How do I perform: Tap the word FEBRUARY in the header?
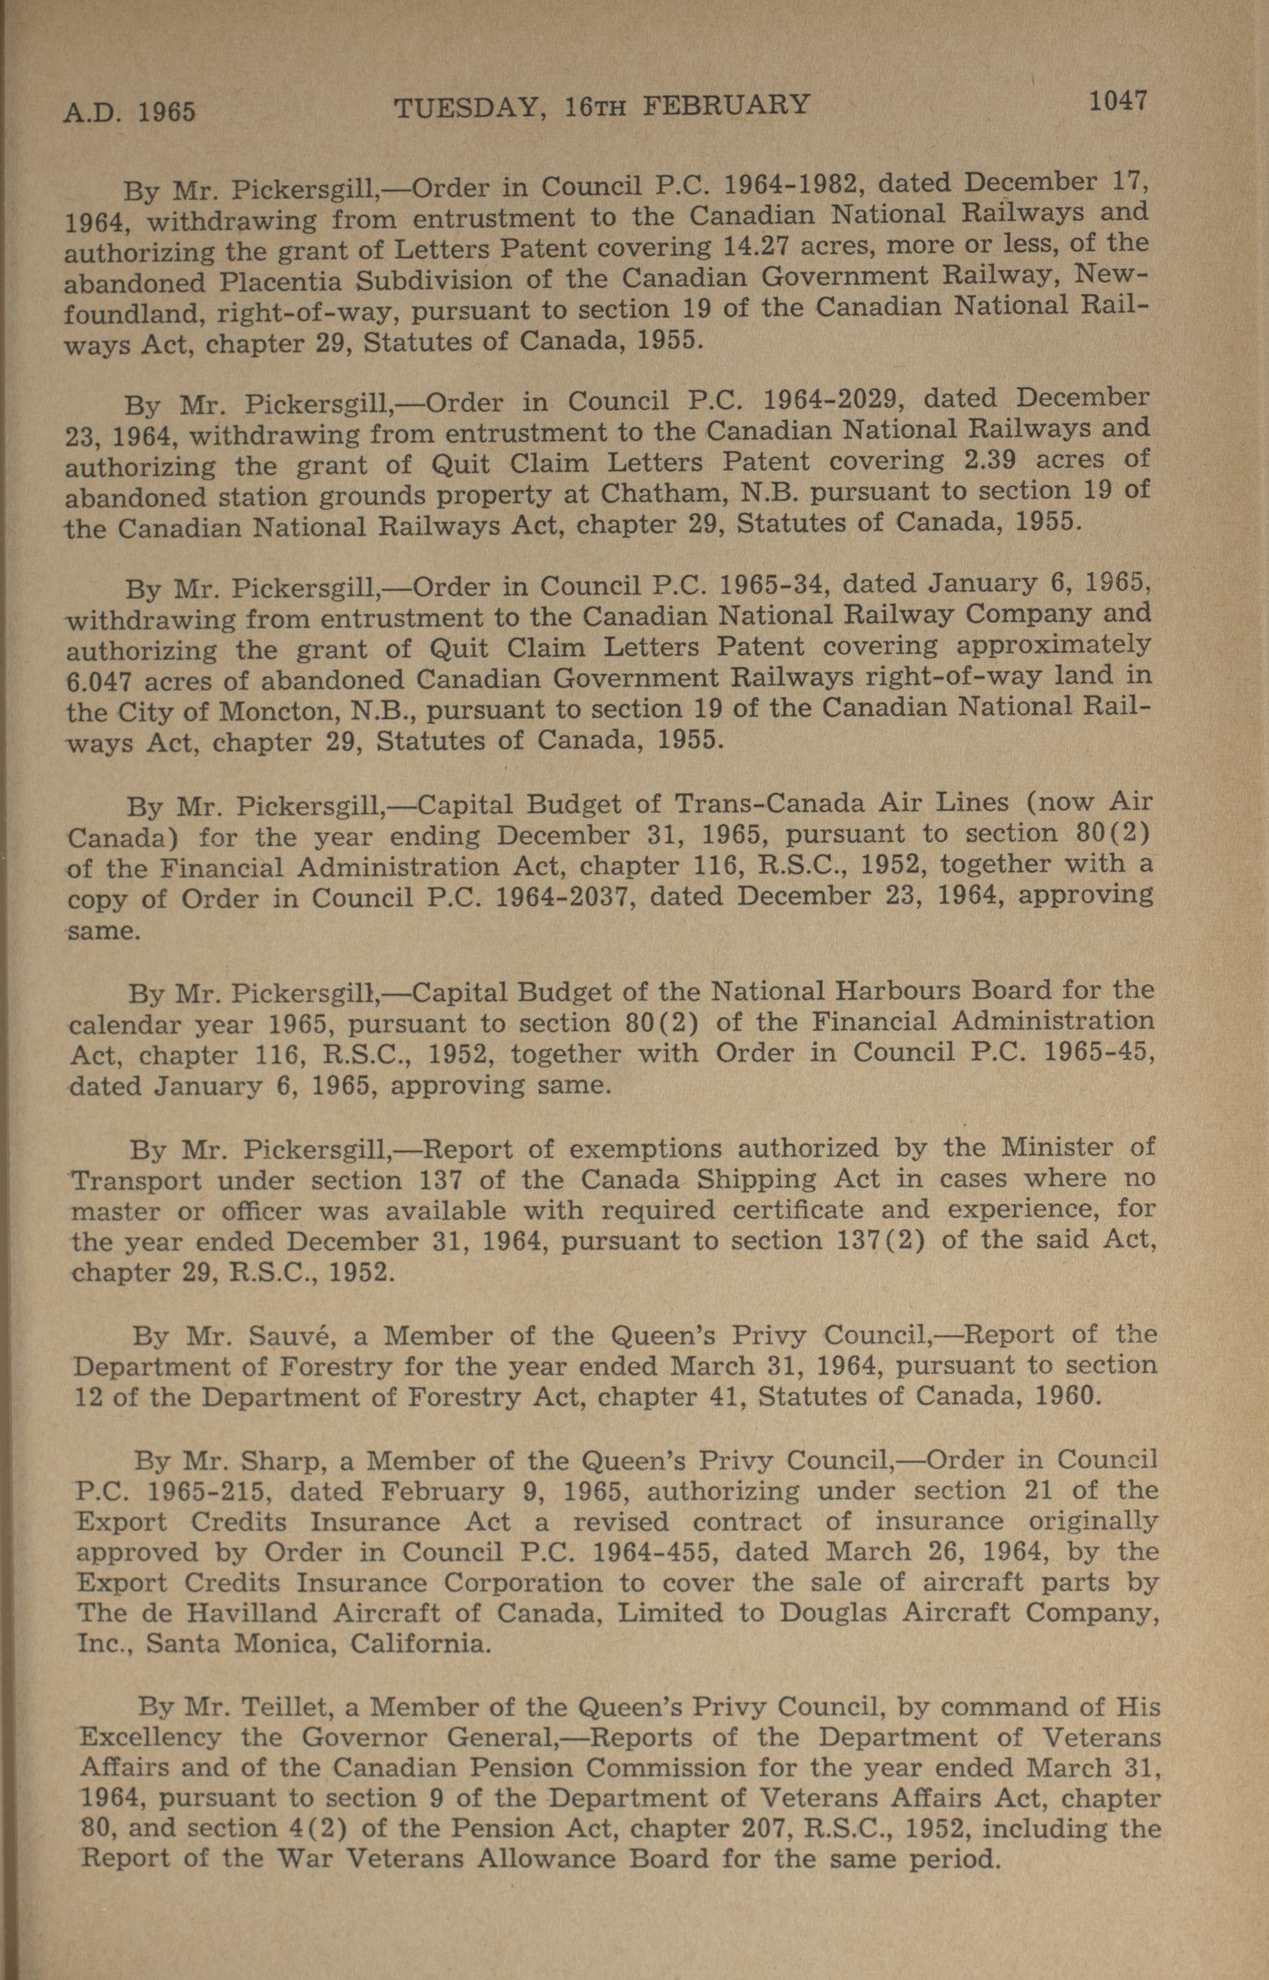726,105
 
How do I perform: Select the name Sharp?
281,1460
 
